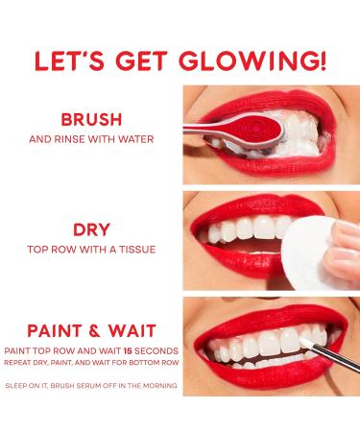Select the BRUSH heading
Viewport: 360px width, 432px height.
pyautogui.click(x=91, y=121)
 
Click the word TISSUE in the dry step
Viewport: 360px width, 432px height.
pyautogui.click(x=136, y=249)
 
